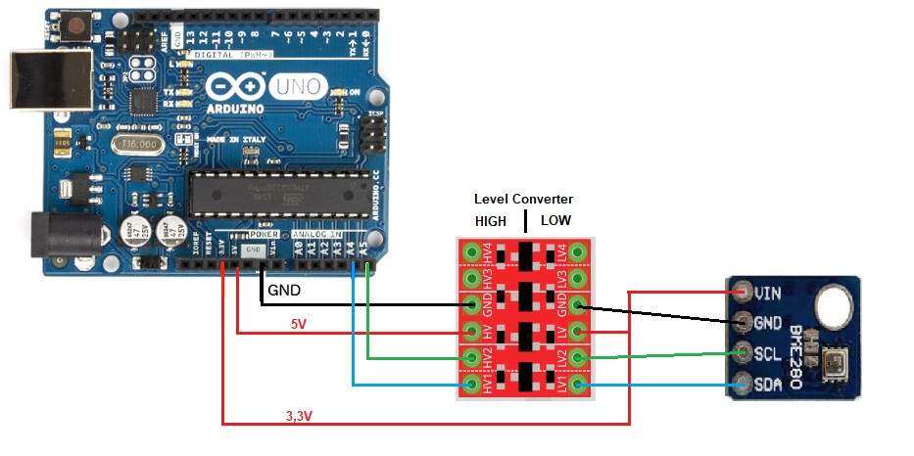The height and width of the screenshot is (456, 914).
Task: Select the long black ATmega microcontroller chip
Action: (x=280, y=192)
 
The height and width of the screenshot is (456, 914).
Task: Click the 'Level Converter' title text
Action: (x=523, y=200)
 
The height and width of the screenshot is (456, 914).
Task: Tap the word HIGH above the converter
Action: (x=491, y=221)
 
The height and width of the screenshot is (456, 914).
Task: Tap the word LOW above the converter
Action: (x=555, y=221)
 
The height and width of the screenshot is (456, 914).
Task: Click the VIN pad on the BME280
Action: (x=742, y=291)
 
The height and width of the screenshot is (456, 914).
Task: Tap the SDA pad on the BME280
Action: (x=742, y=385)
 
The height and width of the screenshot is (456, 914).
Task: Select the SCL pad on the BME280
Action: (x=742, y=353)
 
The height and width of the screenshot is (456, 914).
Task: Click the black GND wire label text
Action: (x=284, y=291)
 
